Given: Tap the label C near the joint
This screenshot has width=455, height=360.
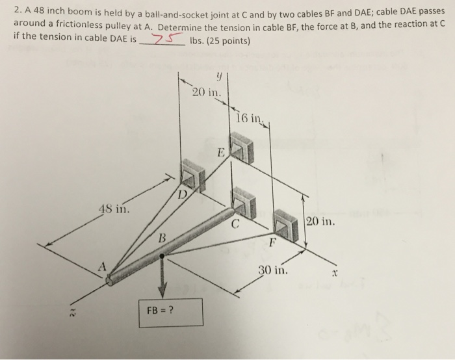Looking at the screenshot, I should tap(237, 225).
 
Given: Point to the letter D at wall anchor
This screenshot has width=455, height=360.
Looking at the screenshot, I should tap(183, 194).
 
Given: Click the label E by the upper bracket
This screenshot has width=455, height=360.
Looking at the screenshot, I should tap(221, 154).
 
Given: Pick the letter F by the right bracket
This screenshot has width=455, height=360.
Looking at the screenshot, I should tap(272, 244).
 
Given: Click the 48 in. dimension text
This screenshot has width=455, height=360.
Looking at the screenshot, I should tap(113, 209).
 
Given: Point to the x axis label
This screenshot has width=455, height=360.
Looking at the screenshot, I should tap(335, 274).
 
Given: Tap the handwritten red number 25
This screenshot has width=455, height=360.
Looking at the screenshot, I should tap(160, 40).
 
